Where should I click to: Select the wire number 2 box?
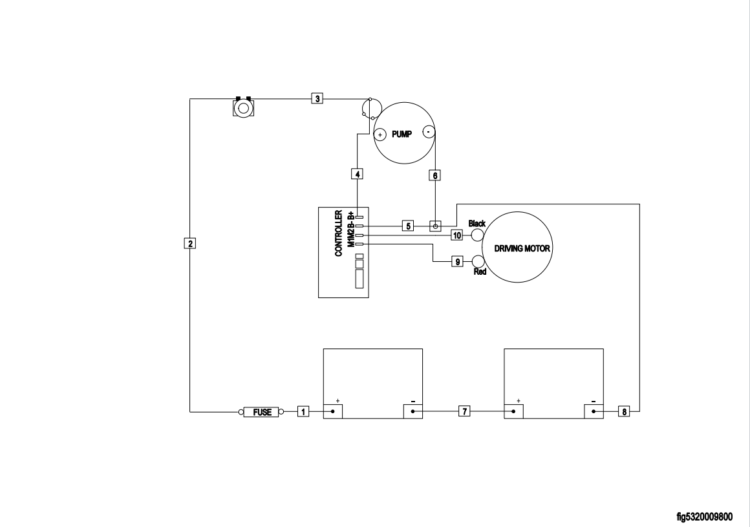pyautogui.click(x=189, y=243)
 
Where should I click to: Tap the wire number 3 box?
pyautogui.click(x=317, y=98)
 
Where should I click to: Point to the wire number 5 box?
pyautogui.click(x=408, y=226)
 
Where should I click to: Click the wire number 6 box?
pyautogui.click(x=435, y=175)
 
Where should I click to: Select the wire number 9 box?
pyautogui.click(x=457, y=262)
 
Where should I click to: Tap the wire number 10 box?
pyautogui.click(x=457, y=235)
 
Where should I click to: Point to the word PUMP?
pyautogui.click(x=402, y=134)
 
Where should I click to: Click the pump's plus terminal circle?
pyautogui.click(x=380, y=134)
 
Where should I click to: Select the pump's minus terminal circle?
pyautogui.click(x=428, y=131)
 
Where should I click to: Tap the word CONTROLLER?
pyautogui.click(x=338, y=233)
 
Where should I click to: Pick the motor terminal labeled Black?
pyautogui.click(x=477, y=235)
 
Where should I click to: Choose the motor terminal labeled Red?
pyautogui.click(x=478, y=261)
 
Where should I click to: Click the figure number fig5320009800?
pyautogui.click(x=705, y=517)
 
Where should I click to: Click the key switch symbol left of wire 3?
pyautogui.click(x=242, y=107)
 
